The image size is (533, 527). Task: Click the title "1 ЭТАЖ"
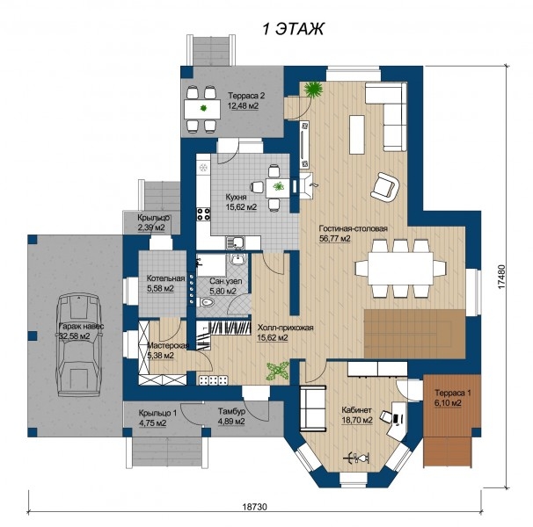(x=294, y=29)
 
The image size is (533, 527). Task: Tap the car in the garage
(x=79, y=345)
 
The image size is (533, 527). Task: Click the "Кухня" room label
(x=237, y=198)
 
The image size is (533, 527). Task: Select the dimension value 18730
(x=255, y=507)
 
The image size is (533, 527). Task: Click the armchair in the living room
(x=384, y=185)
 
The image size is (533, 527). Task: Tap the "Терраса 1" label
(x=453, y=393)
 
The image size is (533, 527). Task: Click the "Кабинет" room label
(x=356, y=410)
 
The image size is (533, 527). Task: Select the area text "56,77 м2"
(x=335, y=238)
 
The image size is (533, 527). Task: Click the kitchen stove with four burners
(x=204, y=214)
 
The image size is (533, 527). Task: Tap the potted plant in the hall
(x=278, y=371)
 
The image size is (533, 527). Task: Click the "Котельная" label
(x=166, y=278)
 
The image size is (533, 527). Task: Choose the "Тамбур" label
(x=231, y=412)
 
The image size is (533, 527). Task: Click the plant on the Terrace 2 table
(x=203, y=108)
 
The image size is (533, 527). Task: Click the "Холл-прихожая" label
(x=285, y=328)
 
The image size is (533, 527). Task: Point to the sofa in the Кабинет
(x=313, y=408)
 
